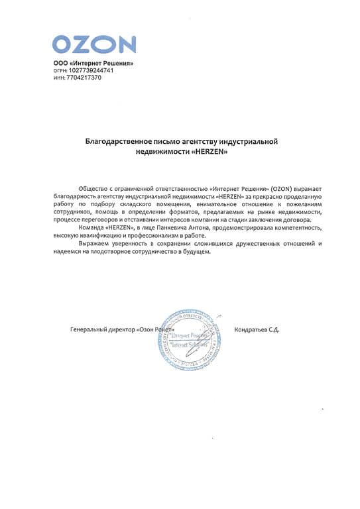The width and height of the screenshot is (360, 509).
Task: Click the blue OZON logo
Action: [x=94, y=44]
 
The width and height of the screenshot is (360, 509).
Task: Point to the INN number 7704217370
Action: [x=84, y=78]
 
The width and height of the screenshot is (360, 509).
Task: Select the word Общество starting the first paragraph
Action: [x=92, y=189]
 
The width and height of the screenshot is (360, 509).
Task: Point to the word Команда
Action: [x=91, y=228]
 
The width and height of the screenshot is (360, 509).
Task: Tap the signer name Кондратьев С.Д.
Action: [x=257, y=330]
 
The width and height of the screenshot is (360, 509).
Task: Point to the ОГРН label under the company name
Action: [x=60, y=70]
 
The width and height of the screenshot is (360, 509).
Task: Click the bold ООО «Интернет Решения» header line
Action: [x=93, y=63]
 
